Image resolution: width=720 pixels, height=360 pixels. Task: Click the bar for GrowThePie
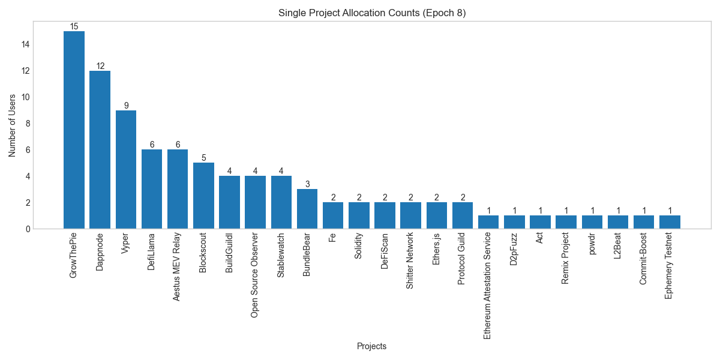(74, 130)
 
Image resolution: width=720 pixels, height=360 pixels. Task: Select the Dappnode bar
(100, 149)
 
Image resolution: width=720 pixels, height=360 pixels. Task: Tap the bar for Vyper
(125, 169)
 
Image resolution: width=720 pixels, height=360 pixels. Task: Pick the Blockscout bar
(203, 196)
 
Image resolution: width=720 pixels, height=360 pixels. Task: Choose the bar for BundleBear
(307, 209)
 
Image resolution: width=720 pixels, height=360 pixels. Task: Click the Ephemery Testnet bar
(670, 222)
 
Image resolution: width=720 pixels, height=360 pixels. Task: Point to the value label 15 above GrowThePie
(74, 26)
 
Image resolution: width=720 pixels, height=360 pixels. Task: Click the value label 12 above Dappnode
(100, 66)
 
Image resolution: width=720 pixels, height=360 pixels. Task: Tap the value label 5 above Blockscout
(203, 158)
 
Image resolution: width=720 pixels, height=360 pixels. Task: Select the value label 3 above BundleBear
(307, 184)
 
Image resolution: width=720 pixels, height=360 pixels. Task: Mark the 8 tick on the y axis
(27, 124)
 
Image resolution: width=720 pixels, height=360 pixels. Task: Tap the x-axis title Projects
(371, 346)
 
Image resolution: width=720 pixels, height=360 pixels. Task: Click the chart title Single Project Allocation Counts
(371, 13)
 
